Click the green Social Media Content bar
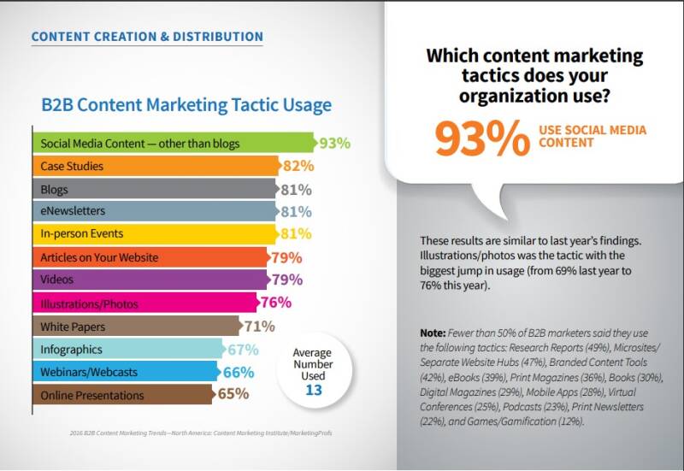click(x=171, y=143)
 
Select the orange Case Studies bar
click(x=154, y=166)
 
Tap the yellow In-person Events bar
click(x=154, y=233)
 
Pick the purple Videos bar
click(x=150, y=280)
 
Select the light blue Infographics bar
click(x=128, y=349)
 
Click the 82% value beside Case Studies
click(x=298, y=166)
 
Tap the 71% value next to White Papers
click(x=257, y=326)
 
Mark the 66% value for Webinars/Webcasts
click(x=239, y=372)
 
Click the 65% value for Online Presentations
click(x=232, y=395)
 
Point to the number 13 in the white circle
click(x=312, y=389)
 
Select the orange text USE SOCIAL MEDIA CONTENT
click(x=592, y=137)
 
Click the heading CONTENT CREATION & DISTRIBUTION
click(x=146, y=37)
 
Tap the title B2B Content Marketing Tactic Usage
click(x=186, y=105)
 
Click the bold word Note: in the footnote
click(x=433, y=332)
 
